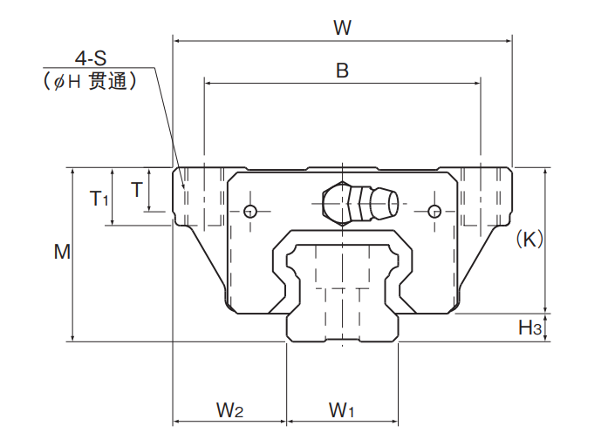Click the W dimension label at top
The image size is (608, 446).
tap(343, 28)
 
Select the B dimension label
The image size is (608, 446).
tap(342, 71)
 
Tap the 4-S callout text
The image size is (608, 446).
tap(91, 58)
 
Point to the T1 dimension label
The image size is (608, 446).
tap(99, 199)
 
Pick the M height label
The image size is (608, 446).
tap(62, 252)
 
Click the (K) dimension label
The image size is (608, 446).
tap(529, 239)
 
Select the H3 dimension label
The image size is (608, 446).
tap(529, 328)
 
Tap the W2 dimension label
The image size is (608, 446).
tap(229, 410)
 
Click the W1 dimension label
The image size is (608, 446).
tap(341, 410)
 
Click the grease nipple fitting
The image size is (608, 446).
tap(360, 202)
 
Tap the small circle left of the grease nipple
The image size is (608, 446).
tap(250, 212)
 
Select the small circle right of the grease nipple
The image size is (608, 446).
tap(434, 212)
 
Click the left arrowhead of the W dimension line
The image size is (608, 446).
tap(175, 40)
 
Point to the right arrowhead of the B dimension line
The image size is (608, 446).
tap(478, 83)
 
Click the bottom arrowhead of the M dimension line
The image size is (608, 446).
tap(72, 338)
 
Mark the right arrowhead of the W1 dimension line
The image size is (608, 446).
tap(395, 422)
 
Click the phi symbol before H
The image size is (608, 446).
tap(58, 82)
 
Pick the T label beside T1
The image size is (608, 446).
tap(137, 190)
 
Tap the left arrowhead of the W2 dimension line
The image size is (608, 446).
tap(176, 422)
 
